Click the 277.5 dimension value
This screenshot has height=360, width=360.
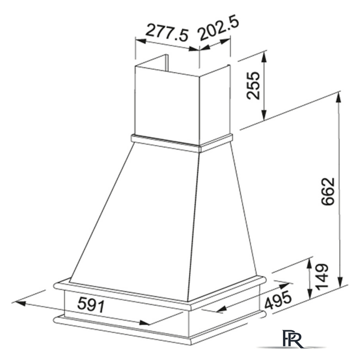[166, 31]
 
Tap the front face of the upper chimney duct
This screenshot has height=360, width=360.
[167, 101]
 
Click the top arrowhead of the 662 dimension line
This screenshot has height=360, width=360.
[339, 97]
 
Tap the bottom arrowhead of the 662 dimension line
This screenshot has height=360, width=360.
[339, 285]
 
